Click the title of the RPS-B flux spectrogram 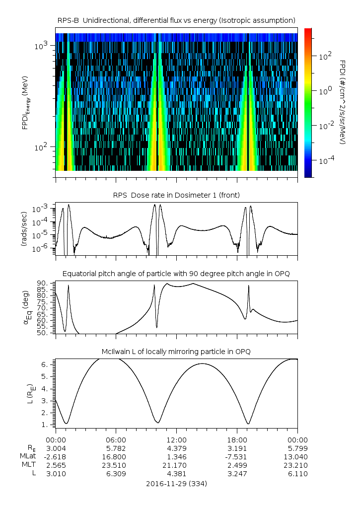(176, 20)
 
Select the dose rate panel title (176, 195)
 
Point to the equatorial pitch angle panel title (176, 274)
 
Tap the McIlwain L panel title (176, 352)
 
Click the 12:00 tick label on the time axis (176, 439)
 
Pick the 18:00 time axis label (237, 439)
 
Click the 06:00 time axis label (116, 439)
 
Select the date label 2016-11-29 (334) (176, 483)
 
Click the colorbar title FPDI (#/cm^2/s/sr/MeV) (343, 102)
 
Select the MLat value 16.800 (116, 456)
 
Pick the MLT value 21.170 (176, 465)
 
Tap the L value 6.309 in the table (116, 474)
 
